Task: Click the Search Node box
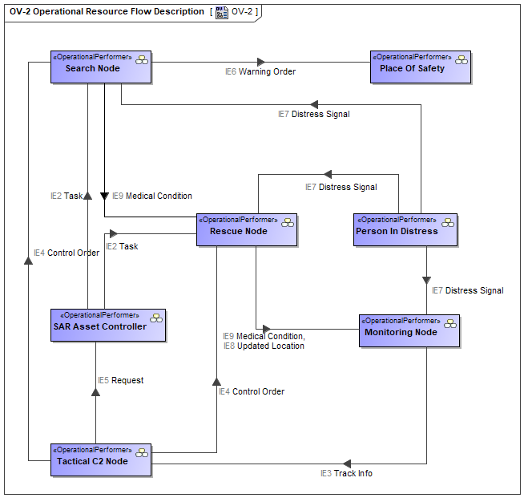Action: (101, 67)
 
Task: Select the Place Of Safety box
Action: (421, 67)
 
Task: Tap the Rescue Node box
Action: (247, 230)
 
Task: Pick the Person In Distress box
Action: (405, 230)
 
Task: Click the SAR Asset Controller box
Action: (108, 325)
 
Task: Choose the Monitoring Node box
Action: (409, 330)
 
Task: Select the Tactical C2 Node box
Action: (101, 460)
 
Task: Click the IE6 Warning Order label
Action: (260, 71)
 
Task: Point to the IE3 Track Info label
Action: (346, 473)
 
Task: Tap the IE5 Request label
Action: (121, 380)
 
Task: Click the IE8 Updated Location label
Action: (264, 346)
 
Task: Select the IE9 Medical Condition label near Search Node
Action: (152, 196)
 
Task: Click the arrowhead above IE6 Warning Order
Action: (261, 62)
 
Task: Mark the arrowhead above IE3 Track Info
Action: (347, 464)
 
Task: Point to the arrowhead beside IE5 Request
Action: (95, 392)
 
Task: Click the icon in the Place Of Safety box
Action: (462, 60)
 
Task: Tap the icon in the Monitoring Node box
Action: (450, 324)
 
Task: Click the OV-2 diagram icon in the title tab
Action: (222, 12)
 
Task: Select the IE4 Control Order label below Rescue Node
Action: (252, 391)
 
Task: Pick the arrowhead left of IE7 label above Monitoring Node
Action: (426, 280)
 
